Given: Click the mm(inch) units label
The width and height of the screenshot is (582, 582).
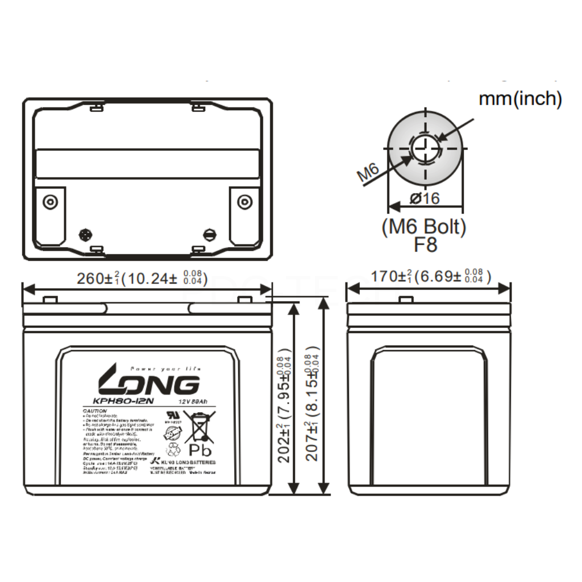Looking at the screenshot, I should (x=520, y=99).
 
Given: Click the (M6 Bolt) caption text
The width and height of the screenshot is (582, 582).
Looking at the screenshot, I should (x=424, y=227).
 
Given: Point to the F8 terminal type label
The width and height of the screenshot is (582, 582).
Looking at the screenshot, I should (x=425, y=245).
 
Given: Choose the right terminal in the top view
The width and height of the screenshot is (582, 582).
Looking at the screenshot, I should (x=244, y=202).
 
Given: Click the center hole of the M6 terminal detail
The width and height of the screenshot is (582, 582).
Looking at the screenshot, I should (x=424, y=150).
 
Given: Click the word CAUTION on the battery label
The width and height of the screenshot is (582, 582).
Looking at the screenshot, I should (x=95, y=410).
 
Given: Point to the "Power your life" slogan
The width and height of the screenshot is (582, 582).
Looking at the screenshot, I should (x=165, y=369).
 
